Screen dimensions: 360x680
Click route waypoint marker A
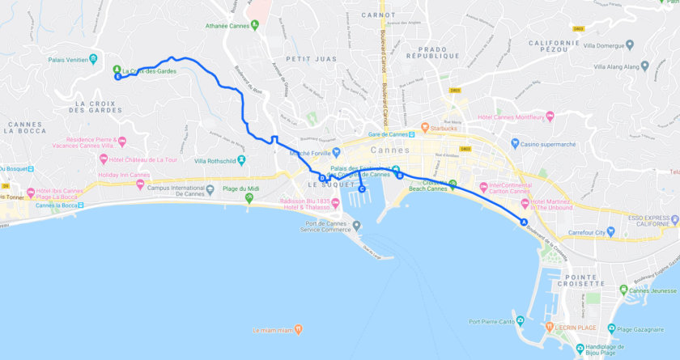[524, 222]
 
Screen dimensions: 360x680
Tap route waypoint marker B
[399, 175]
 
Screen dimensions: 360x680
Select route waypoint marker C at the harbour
[362, 189]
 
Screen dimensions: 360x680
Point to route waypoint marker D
[322, 179]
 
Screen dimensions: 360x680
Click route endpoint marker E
[118, 78]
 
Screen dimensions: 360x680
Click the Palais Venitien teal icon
[93, 58]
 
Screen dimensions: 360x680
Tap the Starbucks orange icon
[423, 128]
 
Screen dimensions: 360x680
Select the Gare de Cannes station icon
[412, 134]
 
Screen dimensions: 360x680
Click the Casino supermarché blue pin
[513, 144]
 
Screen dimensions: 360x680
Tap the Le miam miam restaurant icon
[298, 329]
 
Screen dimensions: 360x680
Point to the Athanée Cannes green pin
[254, 24]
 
